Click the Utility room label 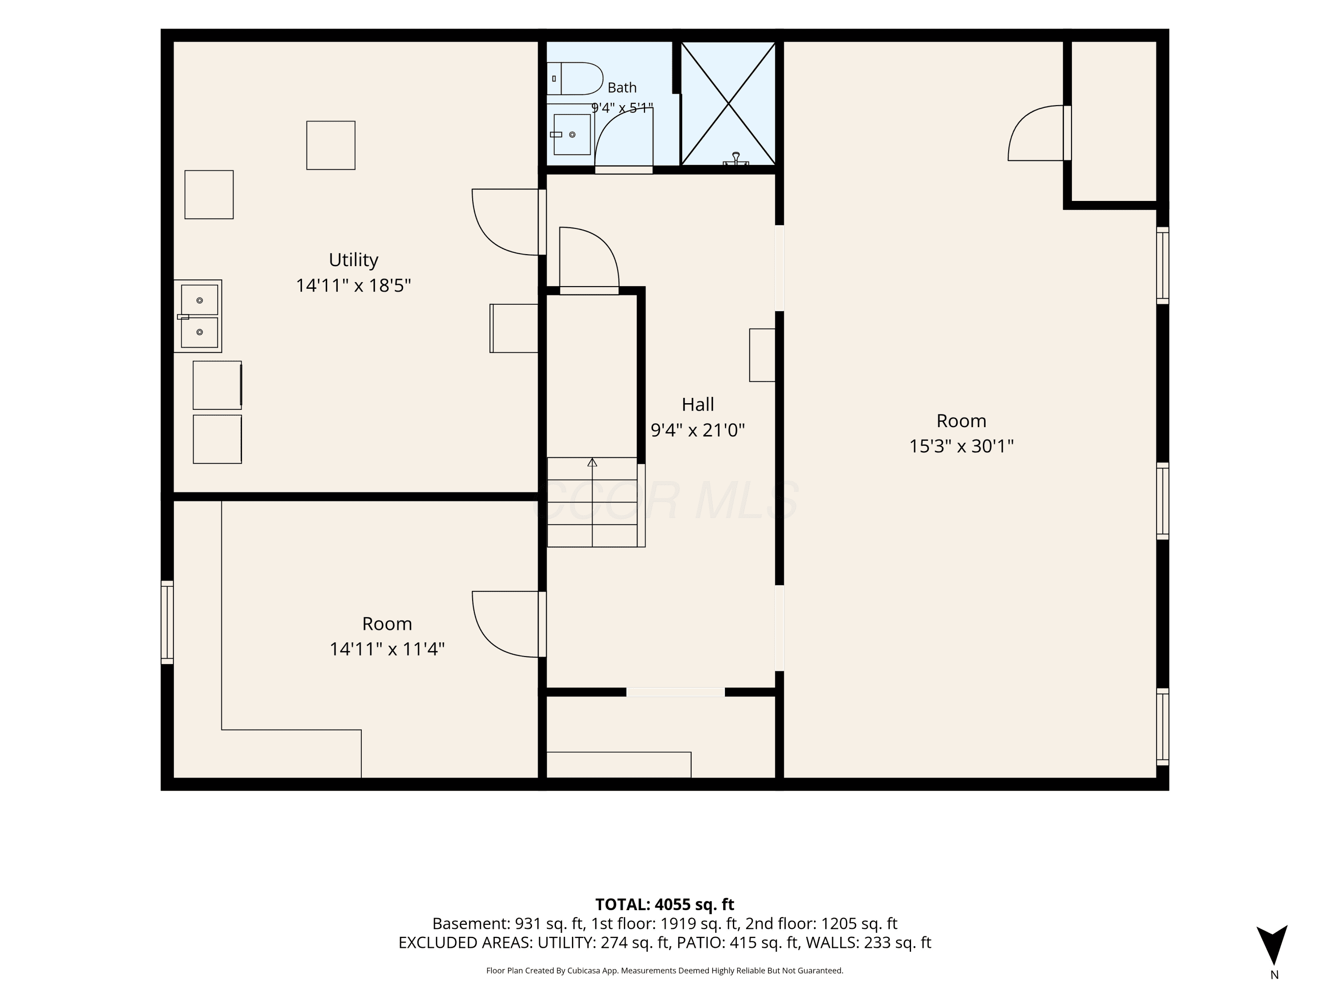(x=353, y=260)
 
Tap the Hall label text (x=697, y=404)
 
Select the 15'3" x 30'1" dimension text (x=961, y=446)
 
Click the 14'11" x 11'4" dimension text (x=387, y=649)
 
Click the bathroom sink (x=571, y=134)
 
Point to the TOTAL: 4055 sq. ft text (x=665, y=904)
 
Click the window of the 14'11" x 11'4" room (x=167, y=622)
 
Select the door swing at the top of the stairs (x=589, y=260)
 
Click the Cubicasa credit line (x=665, y=970)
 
